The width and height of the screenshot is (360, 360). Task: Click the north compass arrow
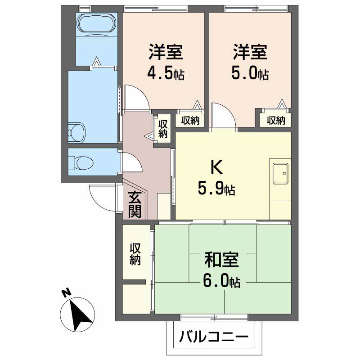coord(81,312)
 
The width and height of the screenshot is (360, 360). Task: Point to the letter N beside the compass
coord(66,293)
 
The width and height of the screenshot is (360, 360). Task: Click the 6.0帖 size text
coord(221,282)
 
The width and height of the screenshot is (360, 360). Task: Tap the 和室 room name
coord(221,260)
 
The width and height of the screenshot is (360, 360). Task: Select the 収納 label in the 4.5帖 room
coord(190,120)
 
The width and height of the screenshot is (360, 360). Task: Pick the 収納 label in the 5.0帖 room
coord(276,120)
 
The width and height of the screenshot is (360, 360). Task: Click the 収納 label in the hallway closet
coord(163,128)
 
